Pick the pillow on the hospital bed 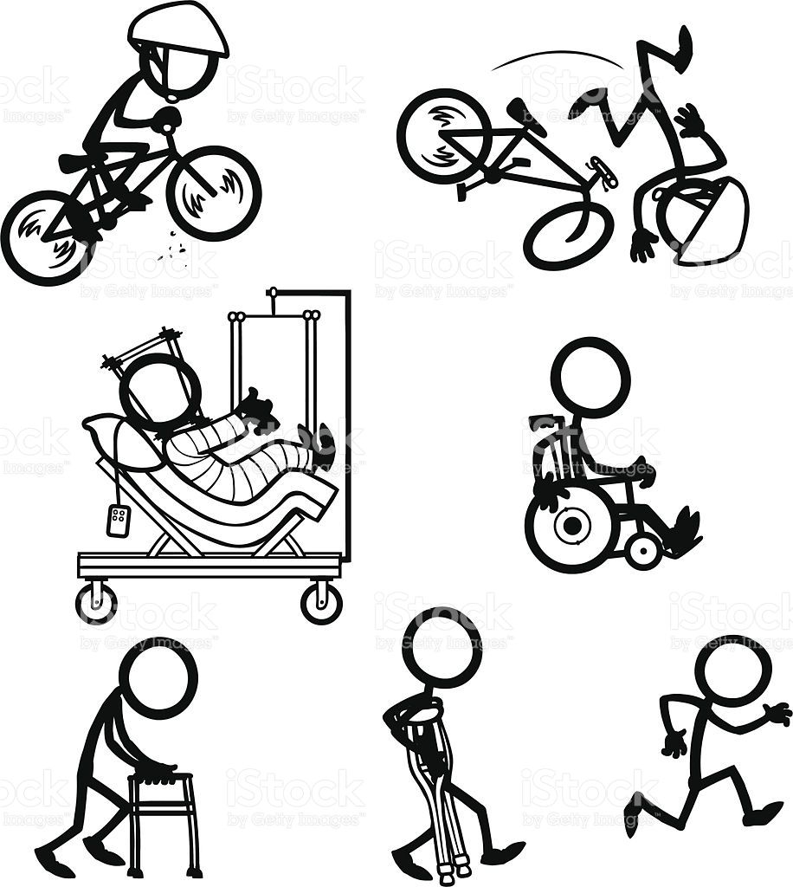point(117,438)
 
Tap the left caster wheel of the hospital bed point(96,602)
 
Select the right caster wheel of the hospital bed point(321,602)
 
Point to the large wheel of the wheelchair point(571,528)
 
